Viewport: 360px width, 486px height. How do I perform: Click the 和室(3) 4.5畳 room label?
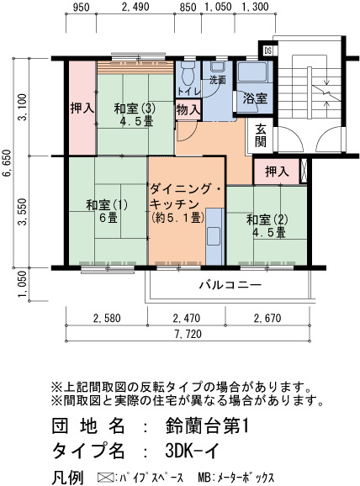coord(135,114)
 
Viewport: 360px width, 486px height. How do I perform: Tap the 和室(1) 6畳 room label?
coord(107,211)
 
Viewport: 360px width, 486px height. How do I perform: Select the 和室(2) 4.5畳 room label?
coord(267,226)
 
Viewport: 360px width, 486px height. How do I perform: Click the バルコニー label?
coord(230,284)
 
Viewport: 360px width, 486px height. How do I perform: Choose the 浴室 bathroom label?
coord(255,98)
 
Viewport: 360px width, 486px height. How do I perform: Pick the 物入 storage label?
coord(188,109)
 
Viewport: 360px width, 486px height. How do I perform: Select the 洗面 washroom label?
coord(218,80)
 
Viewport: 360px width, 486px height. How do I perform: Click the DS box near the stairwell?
coord(268,50)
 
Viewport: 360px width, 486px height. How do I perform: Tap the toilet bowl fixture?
coord(188,74)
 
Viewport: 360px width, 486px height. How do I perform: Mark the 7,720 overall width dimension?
coord(188,334)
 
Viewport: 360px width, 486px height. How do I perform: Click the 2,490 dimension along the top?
coord(135,7)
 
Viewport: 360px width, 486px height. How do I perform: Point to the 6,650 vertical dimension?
coord(7,163)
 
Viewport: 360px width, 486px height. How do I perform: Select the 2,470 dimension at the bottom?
coord(187,318)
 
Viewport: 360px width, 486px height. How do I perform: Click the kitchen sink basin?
coord(214,236)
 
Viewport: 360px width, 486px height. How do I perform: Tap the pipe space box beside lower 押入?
coord(304,171)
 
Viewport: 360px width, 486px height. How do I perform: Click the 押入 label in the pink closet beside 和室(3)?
coord(82,108)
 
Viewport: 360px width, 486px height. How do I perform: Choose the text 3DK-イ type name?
coord(193,451)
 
